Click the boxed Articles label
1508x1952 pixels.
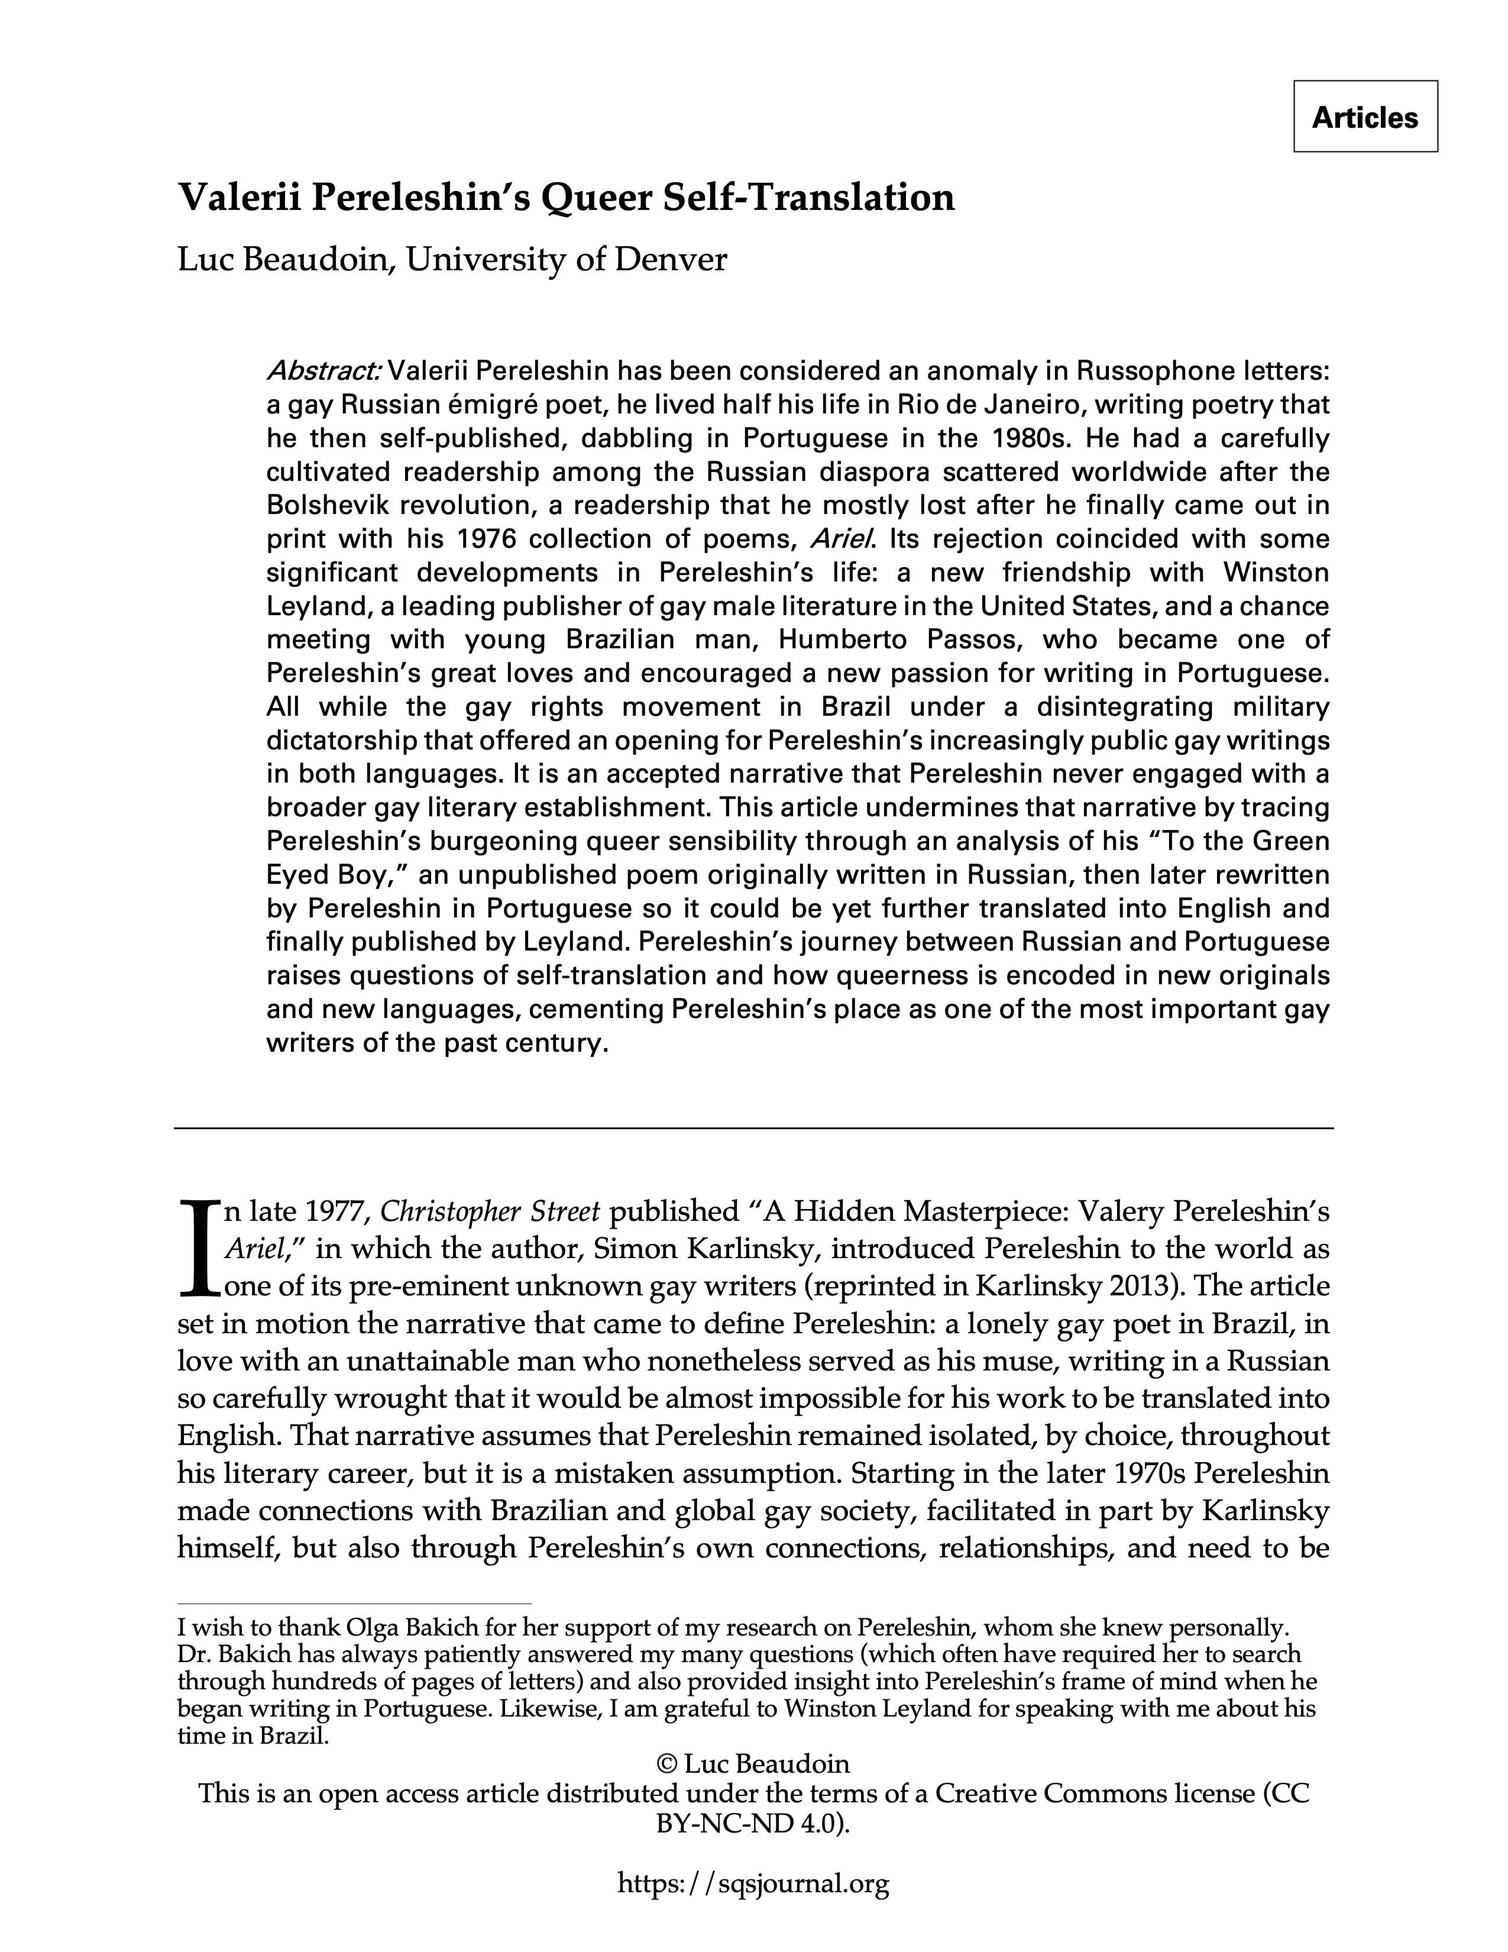tap(1364, 117)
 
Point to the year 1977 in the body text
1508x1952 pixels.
tap(337, 1212)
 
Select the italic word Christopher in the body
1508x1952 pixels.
tap(451, 1212)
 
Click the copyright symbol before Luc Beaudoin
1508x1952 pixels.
tap(666, 1764)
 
